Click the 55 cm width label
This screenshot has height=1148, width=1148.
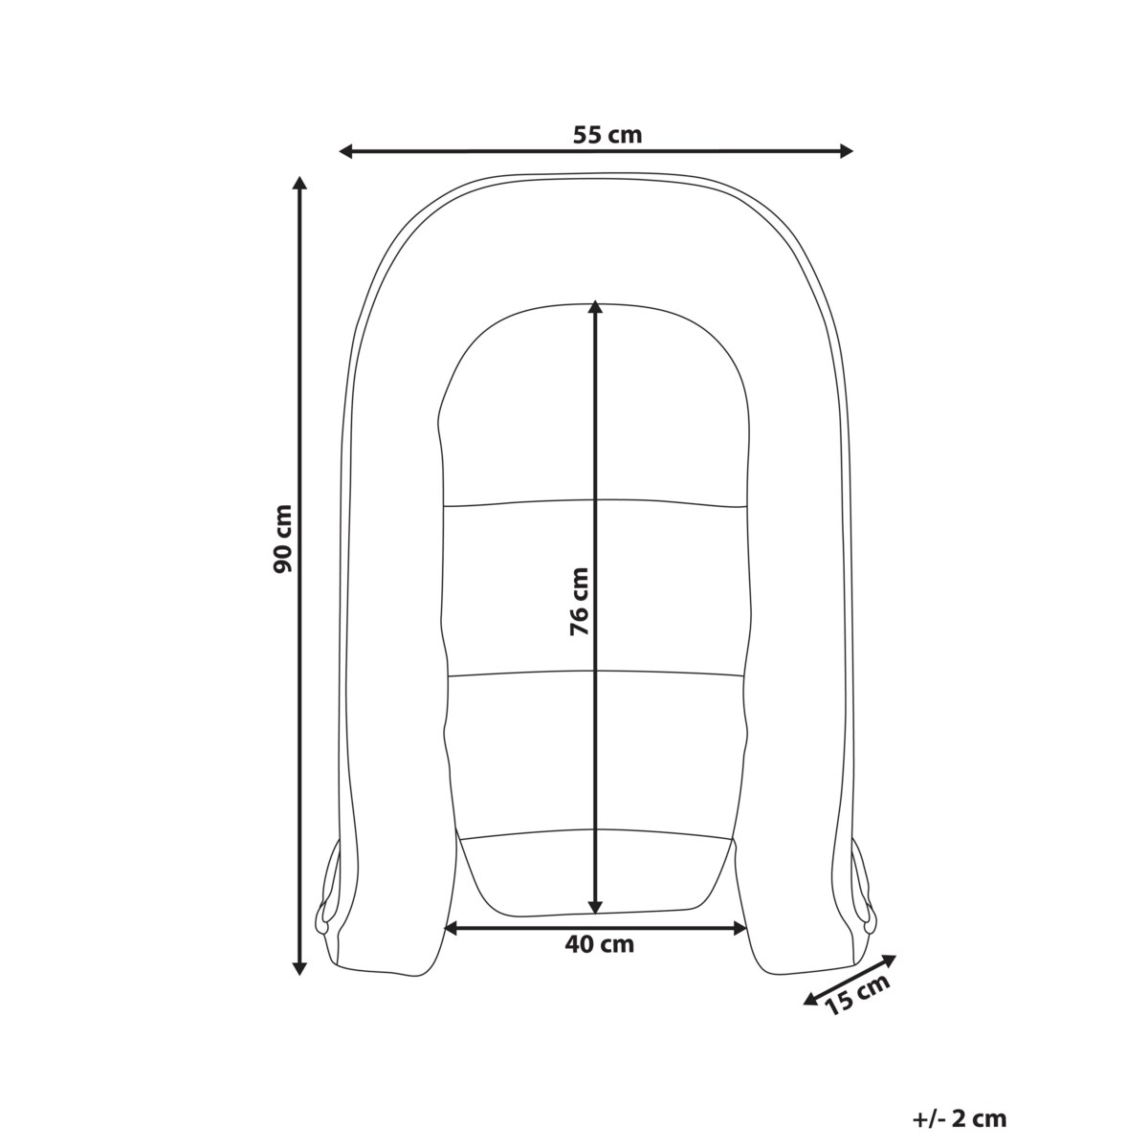[x=607, y=135]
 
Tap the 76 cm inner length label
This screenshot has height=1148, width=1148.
[x=579, y=601]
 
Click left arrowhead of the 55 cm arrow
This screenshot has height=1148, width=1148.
[x=346, y=152]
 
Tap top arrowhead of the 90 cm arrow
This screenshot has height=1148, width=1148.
[x=299, y=184]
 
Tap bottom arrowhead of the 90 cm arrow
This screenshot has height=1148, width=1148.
[x=299, y=967]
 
